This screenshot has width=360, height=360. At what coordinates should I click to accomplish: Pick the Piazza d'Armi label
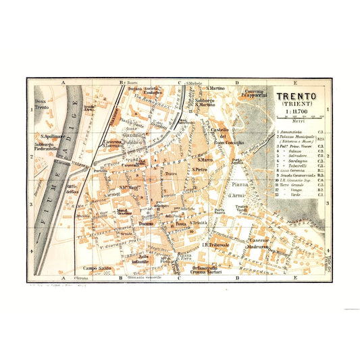click(x=240, y=190)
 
